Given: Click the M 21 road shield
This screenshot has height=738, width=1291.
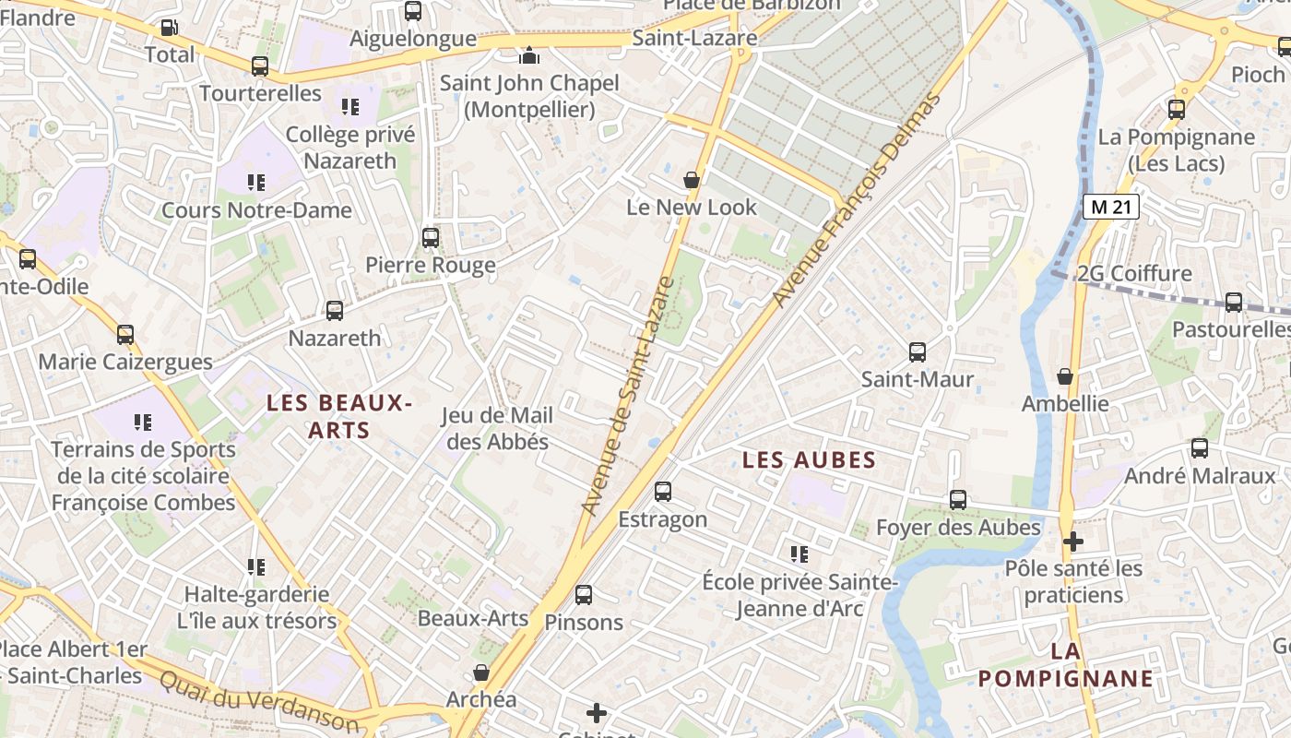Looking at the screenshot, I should coord(1110,207).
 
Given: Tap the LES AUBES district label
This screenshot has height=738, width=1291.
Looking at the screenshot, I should coord(809,459).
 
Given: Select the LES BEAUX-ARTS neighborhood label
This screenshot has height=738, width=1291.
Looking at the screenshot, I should coord(338,416).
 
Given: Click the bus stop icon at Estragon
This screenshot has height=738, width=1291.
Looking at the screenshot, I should coord(663,492).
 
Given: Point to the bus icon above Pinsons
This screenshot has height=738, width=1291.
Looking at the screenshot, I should coord(584,595).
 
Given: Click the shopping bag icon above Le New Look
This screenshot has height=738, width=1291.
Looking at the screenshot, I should coord(691,179).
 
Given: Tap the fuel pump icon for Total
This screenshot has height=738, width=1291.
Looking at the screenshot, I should coord(169,28).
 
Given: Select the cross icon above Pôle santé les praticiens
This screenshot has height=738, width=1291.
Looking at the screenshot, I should coord(1072,542).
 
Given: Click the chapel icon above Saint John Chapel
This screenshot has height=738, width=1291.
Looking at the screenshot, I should coord(528,55).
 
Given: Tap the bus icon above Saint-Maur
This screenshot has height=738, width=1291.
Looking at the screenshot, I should coord(917,351).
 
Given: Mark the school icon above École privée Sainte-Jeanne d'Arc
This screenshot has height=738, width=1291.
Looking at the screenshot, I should coord(799,554).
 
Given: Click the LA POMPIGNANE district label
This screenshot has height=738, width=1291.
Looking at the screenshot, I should coord(1065,665).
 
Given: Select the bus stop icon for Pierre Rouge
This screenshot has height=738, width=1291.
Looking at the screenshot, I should coord(430,238).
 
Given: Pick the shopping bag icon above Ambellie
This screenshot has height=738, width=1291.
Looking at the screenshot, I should coord(1065,376).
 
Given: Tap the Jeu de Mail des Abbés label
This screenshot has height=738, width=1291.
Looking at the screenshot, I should coord(498,429).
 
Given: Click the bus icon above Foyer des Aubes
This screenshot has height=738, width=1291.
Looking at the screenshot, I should coord(958,500).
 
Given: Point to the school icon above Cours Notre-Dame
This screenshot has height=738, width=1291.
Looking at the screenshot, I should coord(256,183).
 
